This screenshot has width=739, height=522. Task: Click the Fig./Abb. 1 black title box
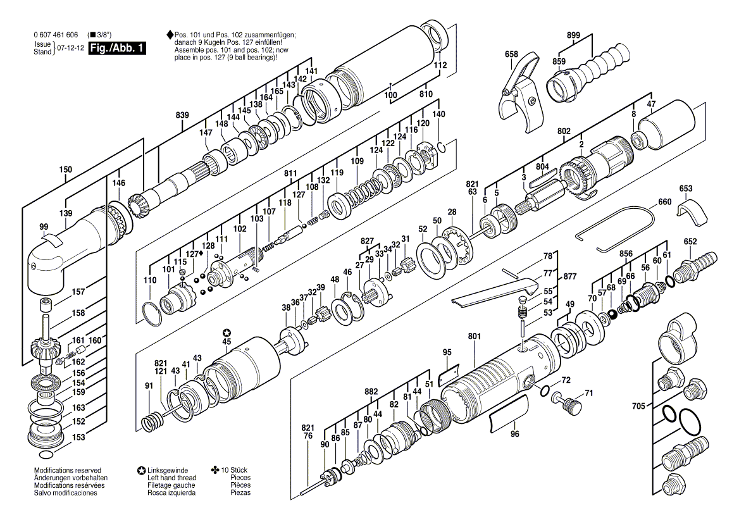pyautogui.click(x=117, y=48)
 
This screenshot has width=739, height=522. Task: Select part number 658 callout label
pyautogui.click(x=511, y=54)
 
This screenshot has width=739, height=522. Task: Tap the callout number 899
pyautogui.click(x=574, y=35)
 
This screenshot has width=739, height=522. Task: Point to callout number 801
pyautogui.click(x=475, y=337)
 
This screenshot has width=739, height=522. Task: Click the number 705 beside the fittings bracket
pyautogui.click(x=638, y=406)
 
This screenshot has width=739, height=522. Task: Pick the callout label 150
pyautogui.click(x=66, y=170)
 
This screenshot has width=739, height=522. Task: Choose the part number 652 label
pyautogui.click(x=690, y=242)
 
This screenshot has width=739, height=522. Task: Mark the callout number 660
pyautogui.click(x=664, y=202)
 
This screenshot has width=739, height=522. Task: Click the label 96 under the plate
pyautogui.click(x=514, y=433)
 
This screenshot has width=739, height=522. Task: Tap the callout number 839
pyautogui.click(x=182, y=115)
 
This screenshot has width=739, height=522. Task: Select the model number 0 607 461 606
pyautogui.click(x=56, y=35)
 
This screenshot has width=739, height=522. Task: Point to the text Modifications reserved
pyautogui.click(x=68, y=470)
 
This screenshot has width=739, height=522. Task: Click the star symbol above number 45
pyautogui.click(x=227, y=333)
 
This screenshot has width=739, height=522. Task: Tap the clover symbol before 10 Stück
pyautogui.click(x=215, y=469)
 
